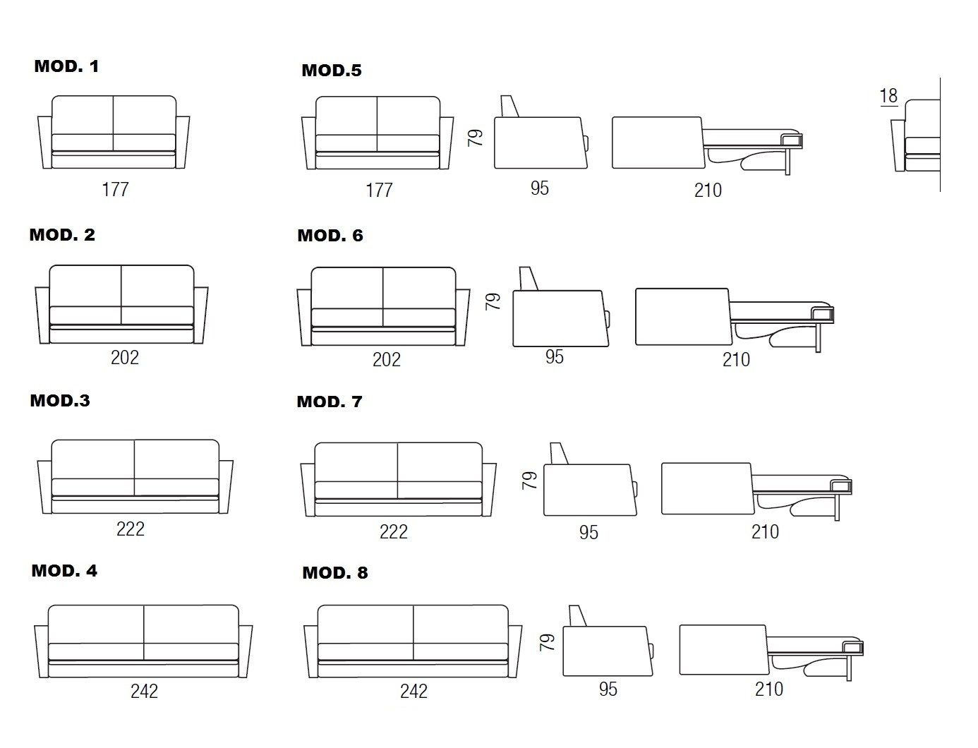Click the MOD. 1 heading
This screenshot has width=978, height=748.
pyautogui.click(x=66, y=66)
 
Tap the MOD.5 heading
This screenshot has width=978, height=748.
pyautogui.click(x=331, y=71)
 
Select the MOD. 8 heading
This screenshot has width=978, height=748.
pyautogui.click(x=334, y=572)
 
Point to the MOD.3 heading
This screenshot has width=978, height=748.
pyautogui.click(x=60, y=401)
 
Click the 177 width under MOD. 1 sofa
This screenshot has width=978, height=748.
pyautogui.click(x=115, y=189)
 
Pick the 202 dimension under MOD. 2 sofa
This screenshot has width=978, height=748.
pyautogui.click(x=125, y=357)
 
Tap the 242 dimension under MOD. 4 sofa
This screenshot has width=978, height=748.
pyautogui.click(x=144, y=691)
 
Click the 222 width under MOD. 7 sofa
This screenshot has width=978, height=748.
pyautogui.click(x=393, y=531)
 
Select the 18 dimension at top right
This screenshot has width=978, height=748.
pyautogui.click(x=888, y=95)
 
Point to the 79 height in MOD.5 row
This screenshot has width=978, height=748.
pyautogui.click(x=476, y=137)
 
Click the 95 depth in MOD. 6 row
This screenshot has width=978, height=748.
pyautogui.click(x=555, y=357)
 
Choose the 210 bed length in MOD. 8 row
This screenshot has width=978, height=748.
pyautogui.click(x=768, y=689)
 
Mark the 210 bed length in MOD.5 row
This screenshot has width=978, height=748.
pyautogui.click(x=708, y=190)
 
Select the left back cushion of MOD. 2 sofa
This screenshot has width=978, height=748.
pyautogui.click(x=85, y=286)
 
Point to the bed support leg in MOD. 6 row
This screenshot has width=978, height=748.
pyautogui.click(x=819, y=337)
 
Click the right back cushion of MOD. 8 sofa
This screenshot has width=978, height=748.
pyautogui.click(x=460, y=625)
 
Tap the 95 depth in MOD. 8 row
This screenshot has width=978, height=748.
pyautogui.click(x=608, y=689)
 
